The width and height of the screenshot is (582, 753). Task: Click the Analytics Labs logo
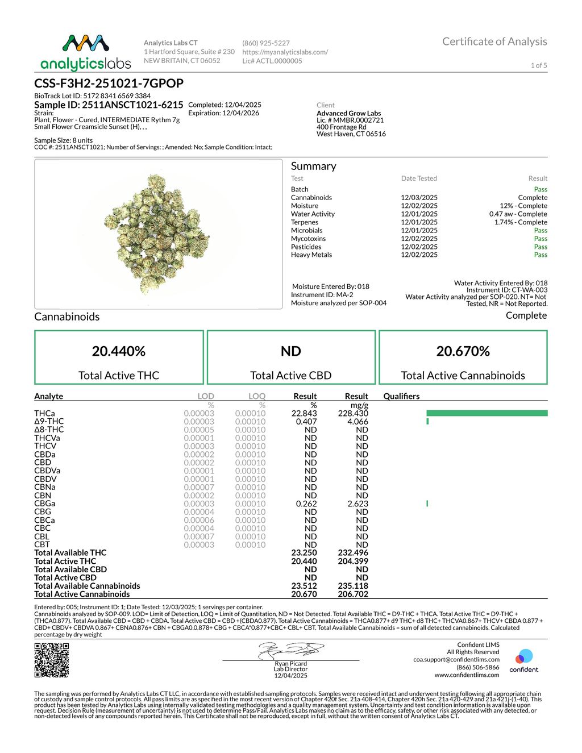pos(86,52)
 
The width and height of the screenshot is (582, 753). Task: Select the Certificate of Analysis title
pos(494,41)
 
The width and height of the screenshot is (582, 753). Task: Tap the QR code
pos(52,660)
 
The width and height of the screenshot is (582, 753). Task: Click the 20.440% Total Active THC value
pos(119,351)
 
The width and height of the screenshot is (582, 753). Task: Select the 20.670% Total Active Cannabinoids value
pos(463,351)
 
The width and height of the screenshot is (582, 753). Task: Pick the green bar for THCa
pos(487,413)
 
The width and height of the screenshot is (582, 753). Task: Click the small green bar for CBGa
pos(427,504)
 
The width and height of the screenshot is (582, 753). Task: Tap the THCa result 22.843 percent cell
pos(304,413)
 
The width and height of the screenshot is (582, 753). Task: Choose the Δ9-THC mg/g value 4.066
pos(357,422)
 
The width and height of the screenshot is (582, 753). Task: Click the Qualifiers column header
pos(401,396)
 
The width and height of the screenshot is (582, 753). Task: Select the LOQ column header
pos(257,396)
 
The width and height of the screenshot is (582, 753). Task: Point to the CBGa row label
pos(45,504)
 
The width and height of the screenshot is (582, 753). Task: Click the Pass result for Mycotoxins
pos(541,239)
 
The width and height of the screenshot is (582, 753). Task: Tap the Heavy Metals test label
pos(311,255)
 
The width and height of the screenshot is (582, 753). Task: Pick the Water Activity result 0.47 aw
pos(518,214)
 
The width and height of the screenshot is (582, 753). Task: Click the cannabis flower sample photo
pos(159,234)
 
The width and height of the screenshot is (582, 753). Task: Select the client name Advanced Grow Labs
pos(348,113)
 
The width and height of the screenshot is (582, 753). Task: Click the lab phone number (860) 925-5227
pos(266,43)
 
